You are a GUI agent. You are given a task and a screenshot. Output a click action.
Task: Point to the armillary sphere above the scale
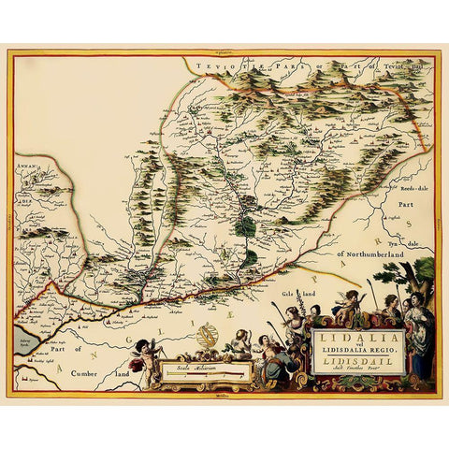[x=209, y=335]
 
